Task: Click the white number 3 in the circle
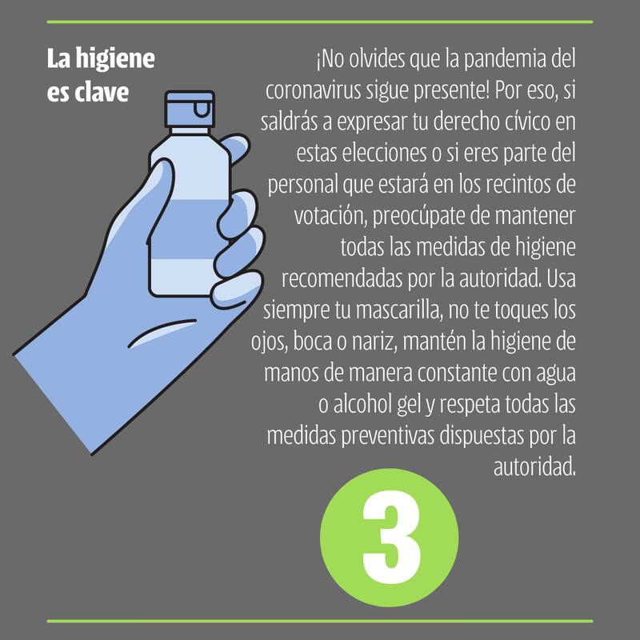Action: tap(391, 537)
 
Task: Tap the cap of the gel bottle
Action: tap(190, 110)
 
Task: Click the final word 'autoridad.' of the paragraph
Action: tap(534, 466)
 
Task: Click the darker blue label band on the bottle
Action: tap(189, 230)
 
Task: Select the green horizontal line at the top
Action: tap(320, 22)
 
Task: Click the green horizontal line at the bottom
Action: tap(320, 622)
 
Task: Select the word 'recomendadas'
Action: tap(342, 278)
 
